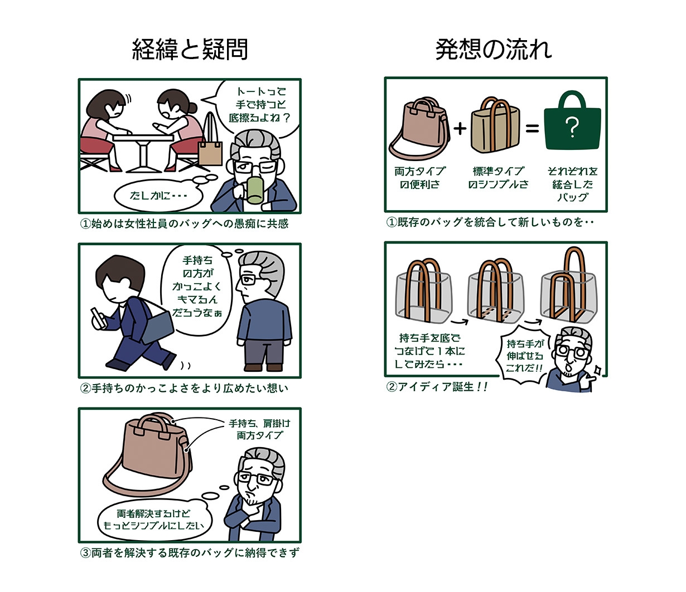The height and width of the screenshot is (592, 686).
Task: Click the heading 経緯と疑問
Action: [190, 50]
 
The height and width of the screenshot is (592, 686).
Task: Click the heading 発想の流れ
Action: [493, 50]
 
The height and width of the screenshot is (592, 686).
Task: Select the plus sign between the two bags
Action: [460, 129]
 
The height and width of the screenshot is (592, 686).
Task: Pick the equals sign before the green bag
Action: [532, 129]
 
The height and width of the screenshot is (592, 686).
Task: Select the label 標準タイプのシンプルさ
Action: [498, 178]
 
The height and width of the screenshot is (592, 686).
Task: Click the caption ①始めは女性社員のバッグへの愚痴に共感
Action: [185, 224]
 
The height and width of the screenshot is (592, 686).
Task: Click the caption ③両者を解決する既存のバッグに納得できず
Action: [190, 554]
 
